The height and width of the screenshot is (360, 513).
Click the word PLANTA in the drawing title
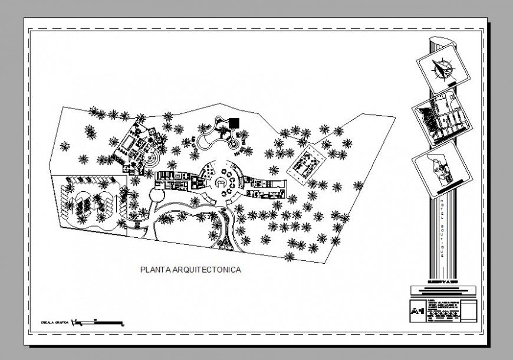(x=154, y=270)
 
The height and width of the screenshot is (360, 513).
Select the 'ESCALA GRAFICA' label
(x=52, y=323)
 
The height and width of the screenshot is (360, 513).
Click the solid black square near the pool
(x=235, y=123)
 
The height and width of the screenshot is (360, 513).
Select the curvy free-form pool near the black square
(x=212, y=139)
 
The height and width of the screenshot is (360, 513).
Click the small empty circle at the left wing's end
(x=157, y=194)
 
